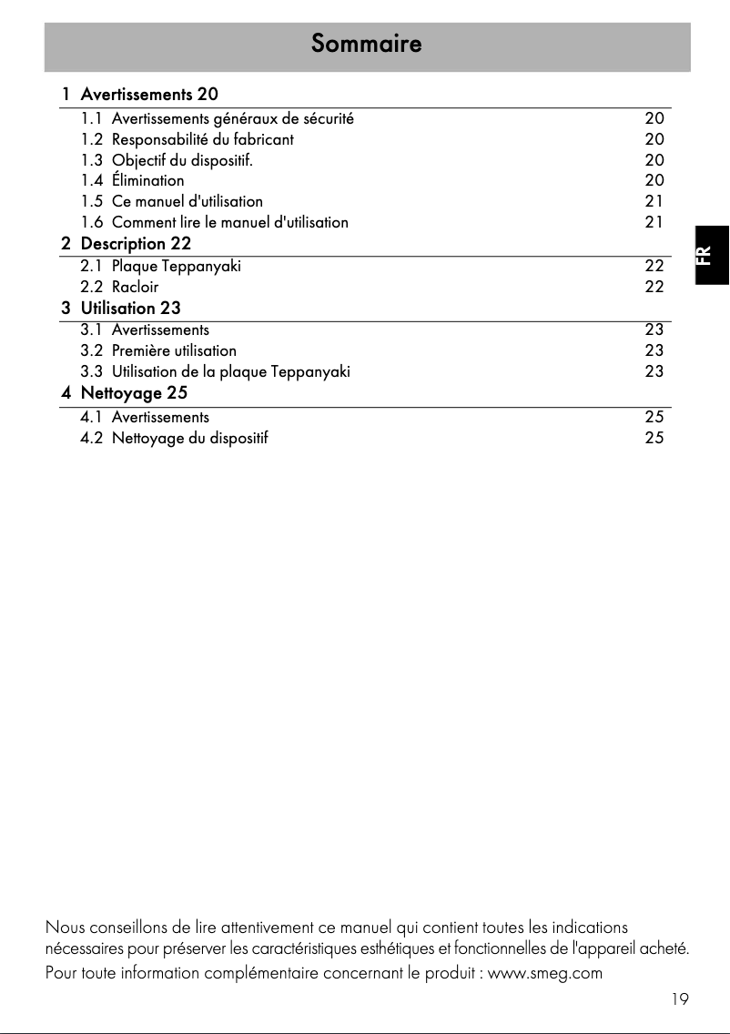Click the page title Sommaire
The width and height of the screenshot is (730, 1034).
[366, 44]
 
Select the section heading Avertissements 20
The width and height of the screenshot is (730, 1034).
[149, 94]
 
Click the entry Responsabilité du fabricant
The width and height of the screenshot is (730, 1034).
[202, 139]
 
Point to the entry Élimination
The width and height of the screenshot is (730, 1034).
[147, 180]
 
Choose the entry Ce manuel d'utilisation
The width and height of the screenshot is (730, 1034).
[187, 201]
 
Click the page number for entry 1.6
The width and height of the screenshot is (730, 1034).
[654, 222]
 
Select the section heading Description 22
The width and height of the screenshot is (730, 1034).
[136, 244]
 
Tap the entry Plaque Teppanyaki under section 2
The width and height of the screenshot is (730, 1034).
[176, 266]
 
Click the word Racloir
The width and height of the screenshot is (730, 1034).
[135, 287]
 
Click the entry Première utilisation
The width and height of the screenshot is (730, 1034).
[174, 350]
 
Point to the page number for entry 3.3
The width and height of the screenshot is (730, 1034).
[654, 371]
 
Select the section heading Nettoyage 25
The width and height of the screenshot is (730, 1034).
[134, 393]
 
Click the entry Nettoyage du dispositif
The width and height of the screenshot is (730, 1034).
[189, 438]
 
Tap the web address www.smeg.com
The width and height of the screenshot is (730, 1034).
[545, 973]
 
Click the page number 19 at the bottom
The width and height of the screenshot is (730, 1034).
[679, 999]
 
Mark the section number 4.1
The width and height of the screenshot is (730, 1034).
[92, 417]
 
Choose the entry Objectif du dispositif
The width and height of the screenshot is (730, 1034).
[182, 160]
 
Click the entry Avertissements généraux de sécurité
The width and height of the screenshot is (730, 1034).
[232, 118]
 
